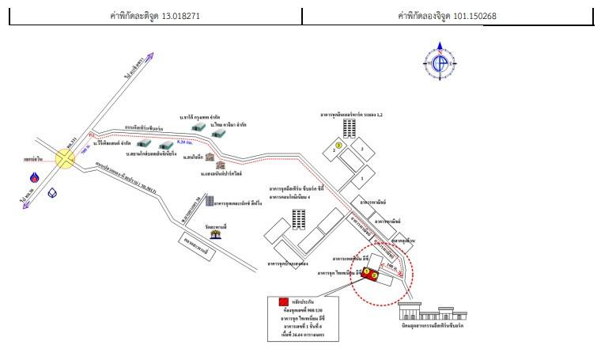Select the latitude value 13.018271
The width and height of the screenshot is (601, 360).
(x=189, y=16)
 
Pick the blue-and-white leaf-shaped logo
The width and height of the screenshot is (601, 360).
(x=52, y=191)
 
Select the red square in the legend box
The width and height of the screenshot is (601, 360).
(x=282, y=302)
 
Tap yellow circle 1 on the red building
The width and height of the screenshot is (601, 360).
(x=367, y=271)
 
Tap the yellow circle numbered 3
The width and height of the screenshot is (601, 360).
(x=338, y=146)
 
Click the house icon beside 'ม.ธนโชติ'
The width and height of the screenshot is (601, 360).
(x=210, y=157)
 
